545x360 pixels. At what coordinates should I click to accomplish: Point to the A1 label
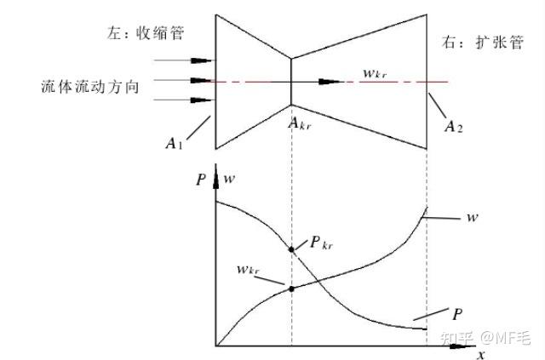pyautogui.click(x=175, y=143)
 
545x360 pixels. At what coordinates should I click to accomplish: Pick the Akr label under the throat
pyautogui.click(x=299, y=124)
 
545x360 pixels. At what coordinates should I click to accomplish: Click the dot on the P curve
pyautogui.click(x=292, y=249)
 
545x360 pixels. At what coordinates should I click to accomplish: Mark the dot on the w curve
pyautogui.click(x=292, y=289)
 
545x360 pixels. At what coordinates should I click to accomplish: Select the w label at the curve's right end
pyautogui.click(x=472, y=218)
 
